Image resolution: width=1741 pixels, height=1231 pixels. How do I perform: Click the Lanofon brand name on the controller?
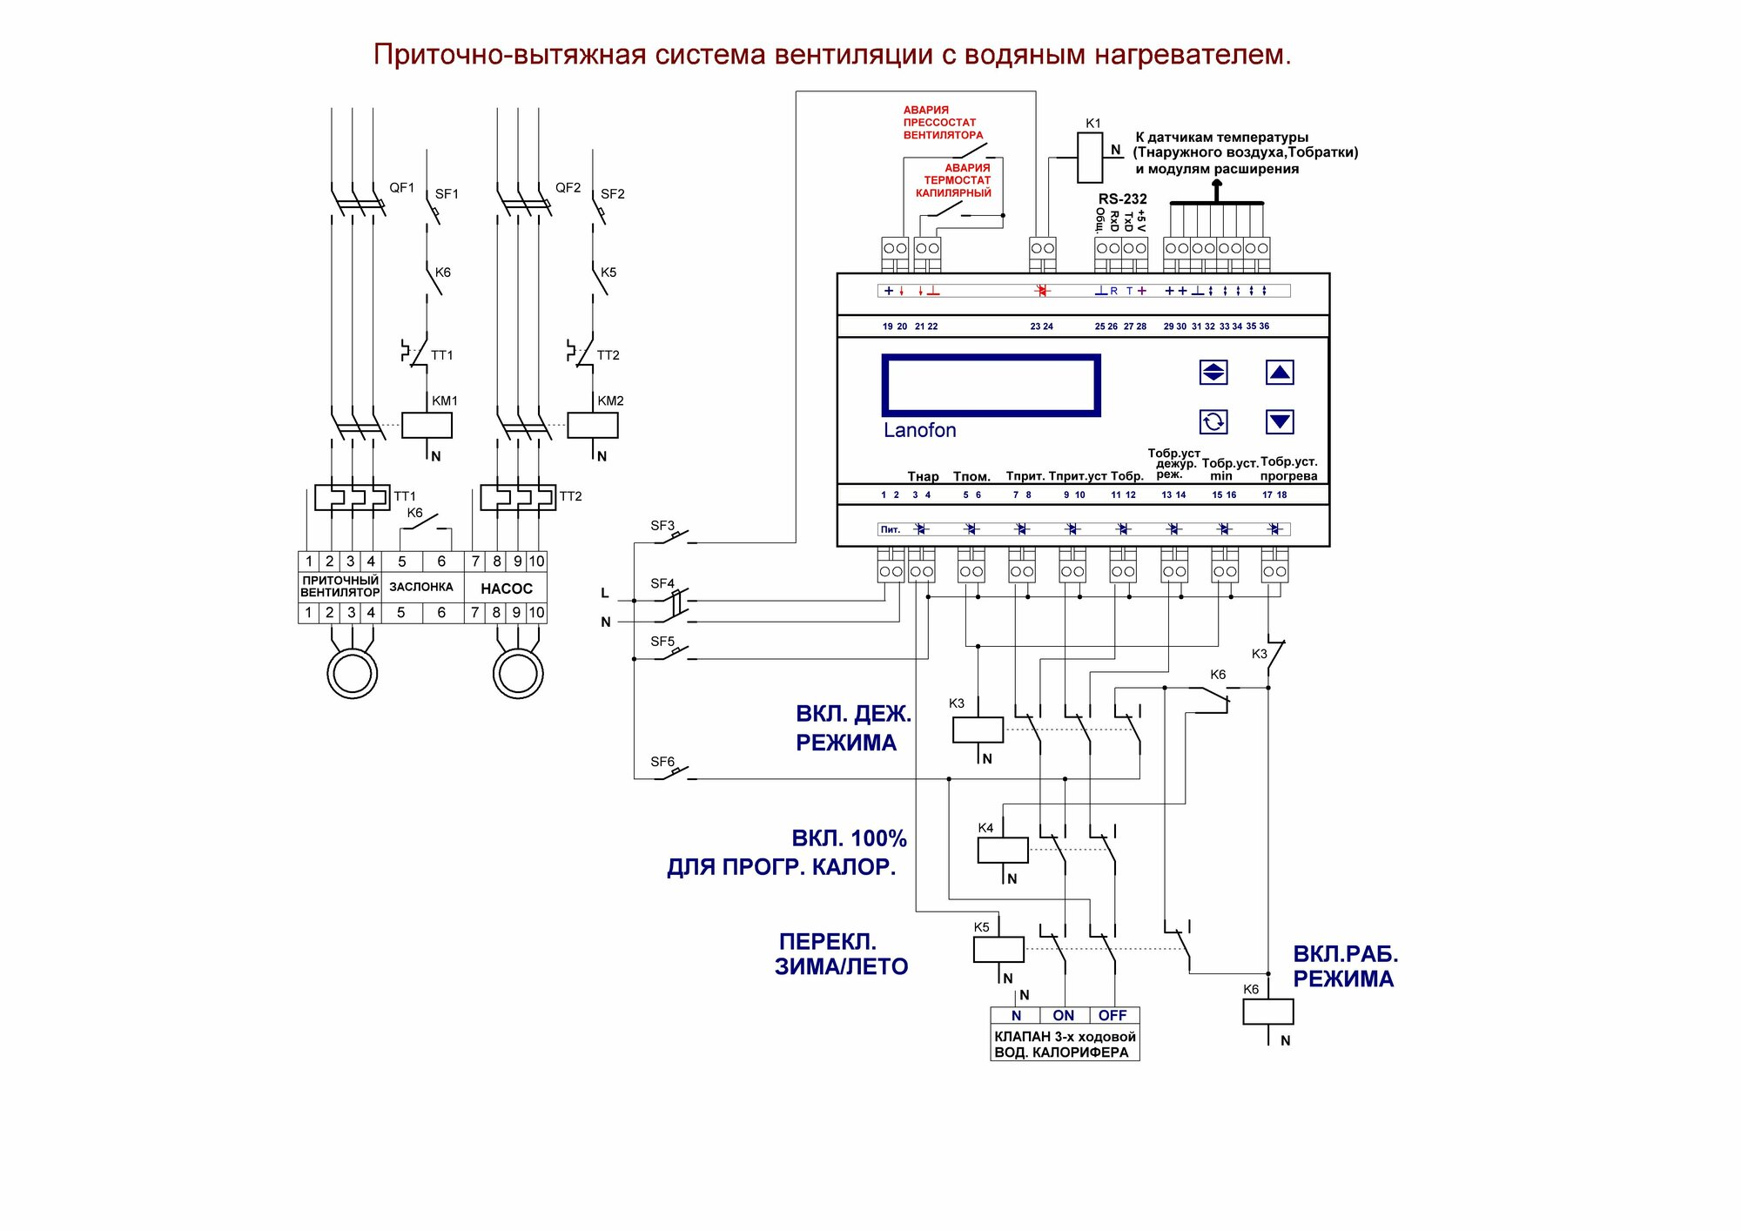pyautogui.click(x=919, y=430)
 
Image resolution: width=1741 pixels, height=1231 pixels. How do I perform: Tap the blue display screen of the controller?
pyautogui.click(x=991, y=386)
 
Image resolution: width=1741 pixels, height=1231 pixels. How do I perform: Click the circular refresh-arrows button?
pyautogui.click(x=1213, y=422)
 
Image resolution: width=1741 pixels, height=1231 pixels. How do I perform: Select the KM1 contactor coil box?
pyautogui.click(x=427, y=425)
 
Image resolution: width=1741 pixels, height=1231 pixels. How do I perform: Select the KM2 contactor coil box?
pyautogui.click(x=593, y=425)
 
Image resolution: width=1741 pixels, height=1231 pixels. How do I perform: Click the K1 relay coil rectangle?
pyautogui.click(x=1090, y=158)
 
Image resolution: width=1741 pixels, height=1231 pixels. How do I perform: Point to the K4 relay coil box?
pyautogui.click(x=1003, y=851)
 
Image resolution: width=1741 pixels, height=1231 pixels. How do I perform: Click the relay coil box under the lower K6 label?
pyautogui.click(x=1268, y=1012)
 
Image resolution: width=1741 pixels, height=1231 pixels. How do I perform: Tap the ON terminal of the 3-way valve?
pyautogui.click(x=1064, y=1015)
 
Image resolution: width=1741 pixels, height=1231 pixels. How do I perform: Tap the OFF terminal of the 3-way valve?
pyautogui.click(x=1112, y=1015)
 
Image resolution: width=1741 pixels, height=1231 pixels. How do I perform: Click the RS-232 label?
pyautogui.click(x=1122, y=198)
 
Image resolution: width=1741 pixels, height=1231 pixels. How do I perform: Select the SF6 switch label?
pyautogui.click(x=662, y=762)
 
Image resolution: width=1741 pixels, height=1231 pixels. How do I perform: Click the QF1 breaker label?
pyautogui.click(x=402, y=187)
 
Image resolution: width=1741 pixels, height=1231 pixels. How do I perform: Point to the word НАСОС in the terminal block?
pyautogui.click(x=507, y=589)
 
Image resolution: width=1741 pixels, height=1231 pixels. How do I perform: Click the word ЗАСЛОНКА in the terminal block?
pyautogui.click(x=421, y=587)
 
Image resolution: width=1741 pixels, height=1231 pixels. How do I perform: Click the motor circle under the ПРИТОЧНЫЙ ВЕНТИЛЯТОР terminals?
pyautogui.click(x=353, y=673)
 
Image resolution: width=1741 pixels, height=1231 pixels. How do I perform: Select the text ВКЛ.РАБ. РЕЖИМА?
pyautogui.click(x=1345, y=966)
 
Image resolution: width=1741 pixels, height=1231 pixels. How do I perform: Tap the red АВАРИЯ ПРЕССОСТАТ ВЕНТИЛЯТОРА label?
pyautogui.click(x=943, y=123)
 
